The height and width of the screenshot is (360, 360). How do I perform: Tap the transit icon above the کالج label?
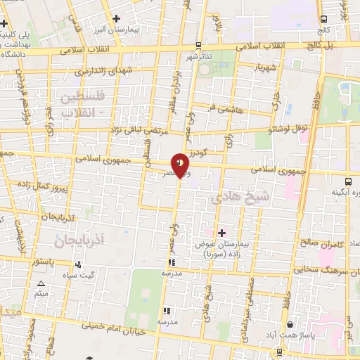pyautogui.click(x=323, y=19)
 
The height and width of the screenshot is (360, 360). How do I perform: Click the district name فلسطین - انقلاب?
pyautogui.click(x=84, y=103)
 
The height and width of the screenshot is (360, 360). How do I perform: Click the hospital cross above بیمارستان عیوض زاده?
pyautogui.click(x=222, y=232)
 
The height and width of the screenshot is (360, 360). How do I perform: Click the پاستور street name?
pyautogui.click(x=43, y=260)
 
